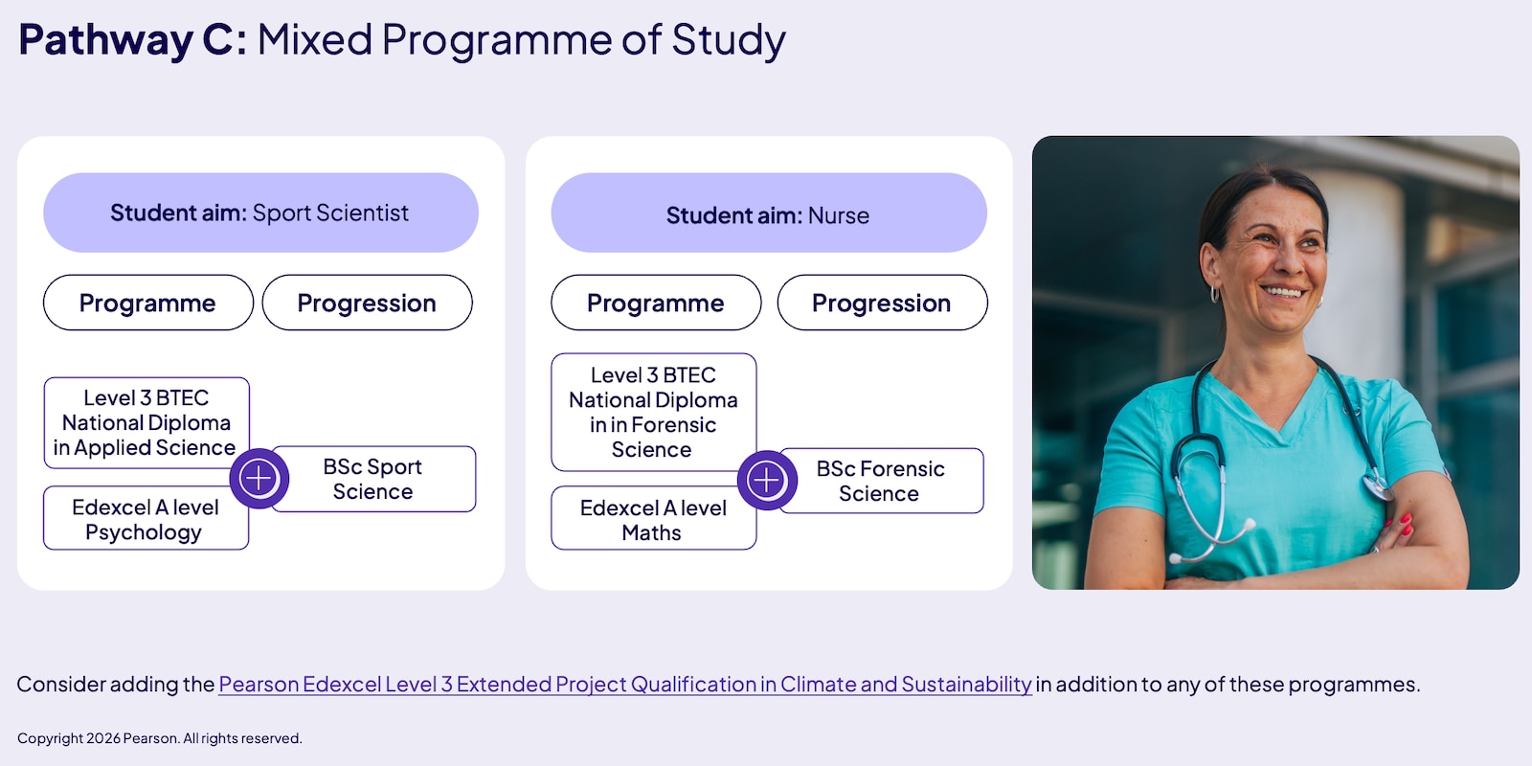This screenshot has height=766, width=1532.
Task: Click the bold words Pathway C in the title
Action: [x=132, y=39]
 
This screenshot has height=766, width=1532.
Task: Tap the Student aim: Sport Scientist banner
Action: [x=260, y=213]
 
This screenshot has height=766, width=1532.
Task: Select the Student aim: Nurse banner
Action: [x=769, y=213]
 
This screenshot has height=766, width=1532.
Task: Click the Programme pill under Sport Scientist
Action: [x=147, y=303]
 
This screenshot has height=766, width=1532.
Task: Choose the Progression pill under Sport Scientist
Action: [x=368, y=303]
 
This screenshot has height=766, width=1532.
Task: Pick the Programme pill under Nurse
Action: [x=656, y=303]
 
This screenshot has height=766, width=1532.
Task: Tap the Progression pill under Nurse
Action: [x=882, y=303]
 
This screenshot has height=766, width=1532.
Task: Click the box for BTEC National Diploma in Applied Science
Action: [x=146, y=422]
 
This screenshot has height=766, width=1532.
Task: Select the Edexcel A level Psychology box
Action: [x=146, y=518]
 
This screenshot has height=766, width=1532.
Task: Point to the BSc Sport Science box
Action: [x=374, y=479]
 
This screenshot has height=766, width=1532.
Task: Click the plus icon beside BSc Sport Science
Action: [x=259, y=479]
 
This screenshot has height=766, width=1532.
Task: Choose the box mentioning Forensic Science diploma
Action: [x=654, y=413]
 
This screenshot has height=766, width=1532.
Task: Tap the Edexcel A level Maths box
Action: [x=654, y=518]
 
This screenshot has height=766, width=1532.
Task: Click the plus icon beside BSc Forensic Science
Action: [x=767, y=480]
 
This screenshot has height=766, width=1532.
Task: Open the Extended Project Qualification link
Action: [x=625, y=684]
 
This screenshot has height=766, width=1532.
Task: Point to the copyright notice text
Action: [x=159, y=738]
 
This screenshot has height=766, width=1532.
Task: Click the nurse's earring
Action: [x=1215, y=294]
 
